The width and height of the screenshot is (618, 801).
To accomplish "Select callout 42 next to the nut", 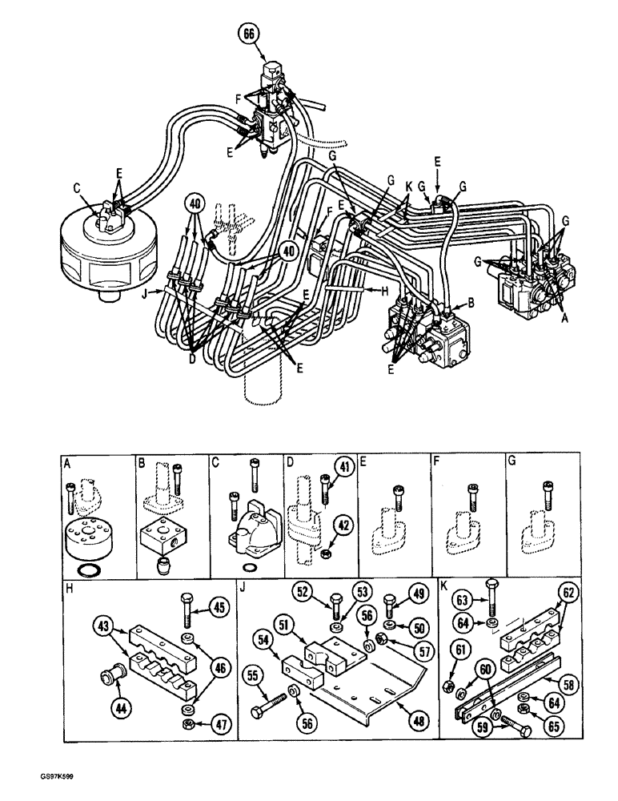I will (x=343, y=525).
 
